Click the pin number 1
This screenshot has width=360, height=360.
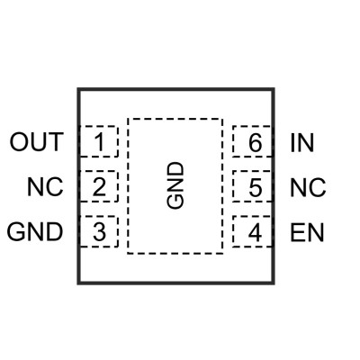click(100, 141)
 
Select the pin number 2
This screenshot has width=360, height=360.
click(99, 187)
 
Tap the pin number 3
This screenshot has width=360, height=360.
click(99, 232)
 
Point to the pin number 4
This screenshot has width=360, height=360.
click(255, 232)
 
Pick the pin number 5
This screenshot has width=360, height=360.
click(256, 187)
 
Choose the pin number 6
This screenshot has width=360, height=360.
click(256, 142)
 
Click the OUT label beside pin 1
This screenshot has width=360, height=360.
click(37, 141)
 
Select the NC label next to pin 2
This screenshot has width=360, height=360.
click(45, 187)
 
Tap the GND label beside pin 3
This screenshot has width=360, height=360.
click(35, 232)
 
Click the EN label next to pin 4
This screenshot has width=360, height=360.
click(307, 232)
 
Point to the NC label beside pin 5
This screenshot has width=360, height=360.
click(308, 187)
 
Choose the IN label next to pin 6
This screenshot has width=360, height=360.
click(302, 142)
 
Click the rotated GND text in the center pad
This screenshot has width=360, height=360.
click(175, 185)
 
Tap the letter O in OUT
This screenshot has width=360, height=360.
click(18, 141)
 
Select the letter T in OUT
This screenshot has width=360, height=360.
click(55, 141)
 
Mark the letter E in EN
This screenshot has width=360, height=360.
click(297, 232)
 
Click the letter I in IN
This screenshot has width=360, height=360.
click(292, 142)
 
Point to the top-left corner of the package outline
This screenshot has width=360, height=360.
click(78, 89)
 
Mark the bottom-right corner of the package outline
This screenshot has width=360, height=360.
click(274, 283)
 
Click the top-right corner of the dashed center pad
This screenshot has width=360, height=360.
click(222, 119)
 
